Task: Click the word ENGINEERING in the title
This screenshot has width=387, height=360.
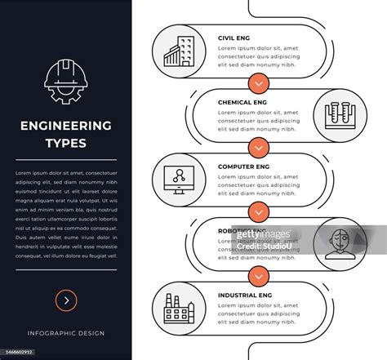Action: click(65, 126)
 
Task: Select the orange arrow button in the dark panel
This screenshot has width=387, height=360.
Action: click(65, 300)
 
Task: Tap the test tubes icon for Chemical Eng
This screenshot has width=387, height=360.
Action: click(337, 113)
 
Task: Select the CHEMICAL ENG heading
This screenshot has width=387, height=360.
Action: click(242, 102)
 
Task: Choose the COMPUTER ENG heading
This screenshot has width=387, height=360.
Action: click(243, 167)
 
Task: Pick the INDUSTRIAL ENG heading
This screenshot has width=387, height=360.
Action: click(246, 295)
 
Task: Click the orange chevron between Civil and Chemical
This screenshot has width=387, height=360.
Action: click(259, 82)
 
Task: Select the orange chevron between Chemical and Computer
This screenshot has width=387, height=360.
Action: click(259, 147)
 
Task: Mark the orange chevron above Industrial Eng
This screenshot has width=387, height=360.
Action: click(259, 275)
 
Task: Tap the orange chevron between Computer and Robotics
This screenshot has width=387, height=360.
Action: click(259, 211)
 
